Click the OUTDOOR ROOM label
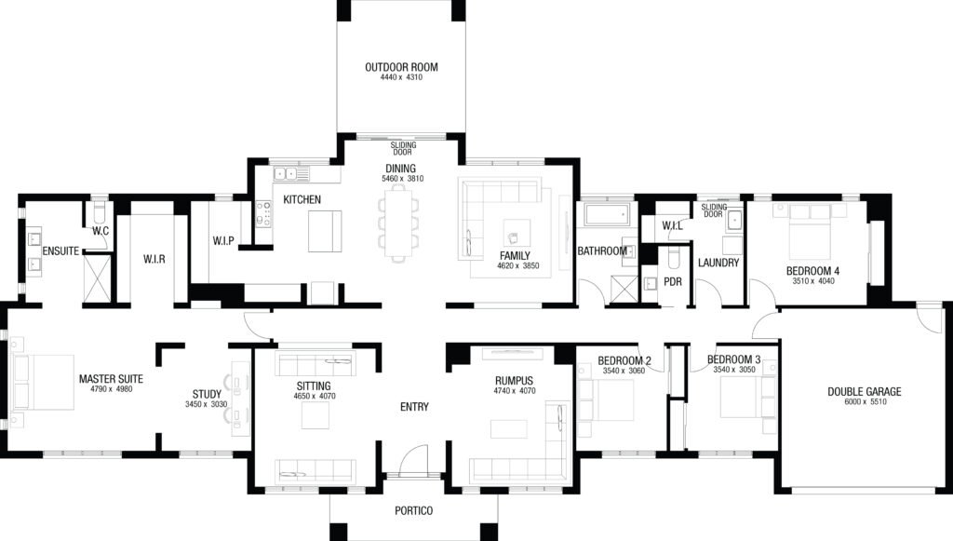(401, 67)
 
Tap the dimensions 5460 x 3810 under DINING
(402, 179)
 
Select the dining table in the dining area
(398, 223)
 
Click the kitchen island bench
(325, 231)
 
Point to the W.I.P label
(223, 241)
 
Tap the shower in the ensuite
(97, 278)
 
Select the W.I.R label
(154, 260)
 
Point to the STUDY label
(207, 395)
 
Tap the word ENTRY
(414, 407)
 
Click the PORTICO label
(414, 510)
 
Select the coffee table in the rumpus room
(509, 428)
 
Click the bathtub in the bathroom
(607, 214)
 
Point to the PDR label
(673, 282)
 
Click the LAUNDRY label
(718, 264)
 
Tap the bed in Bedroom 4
(810, 232)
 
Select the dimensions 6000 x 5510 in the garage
(865, 402)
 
